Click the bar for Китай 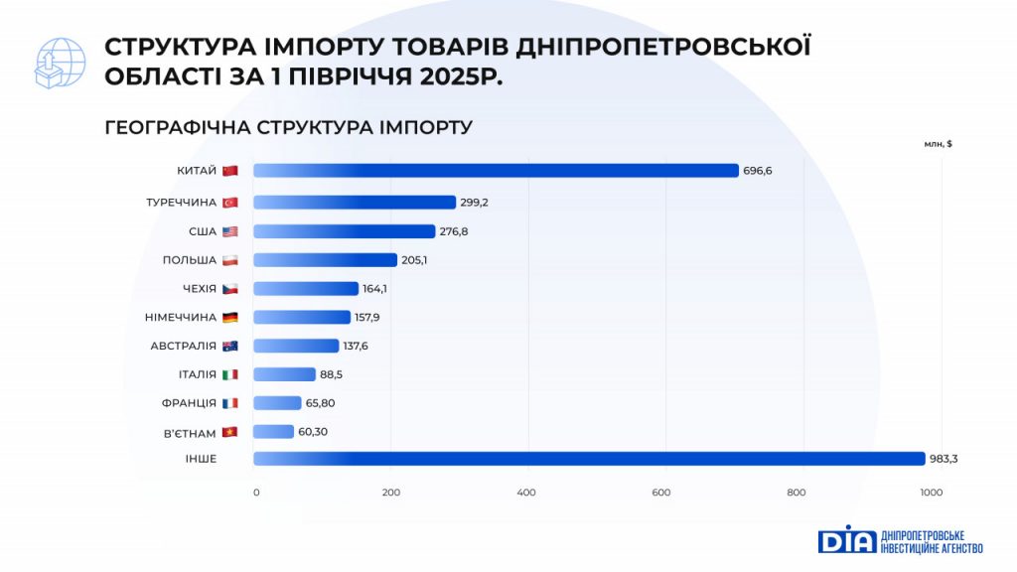pyautogui.click(x=496, y=171)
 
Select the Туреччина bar pyautogui.click(x=355, y=203)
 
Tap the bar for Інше pyautogui.click(x=589, y=459)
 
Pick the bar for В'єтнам pyautogui.click(x=274, y=432)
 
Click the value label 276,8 pyautogui.click(x=455, y=231)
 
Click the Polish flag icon pyautogui.click(x=230, y=260)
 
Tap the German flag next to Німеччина pyautogui.click(x=230, y=318)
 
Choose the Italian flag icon pyautogui.click(x=230, y=375)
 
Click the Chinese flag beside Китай pyautogui.click(x=230, y=171)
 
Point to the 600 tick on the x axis pyautogui.click(x=661, y=493)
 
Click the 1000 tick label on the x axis pyautogui.click(x=931, y=493)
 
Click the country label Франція pyautogui.click(x=189, y=403)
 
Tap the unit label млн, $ pyautogui.click(x=938, y=144)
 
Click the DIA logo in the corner pyautogui.click(x=846, y=539)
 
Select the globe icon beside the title pyautogui.click(x=61, y=63)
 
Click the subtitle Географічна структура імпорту pyautogui.click(x=288, y=128)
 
